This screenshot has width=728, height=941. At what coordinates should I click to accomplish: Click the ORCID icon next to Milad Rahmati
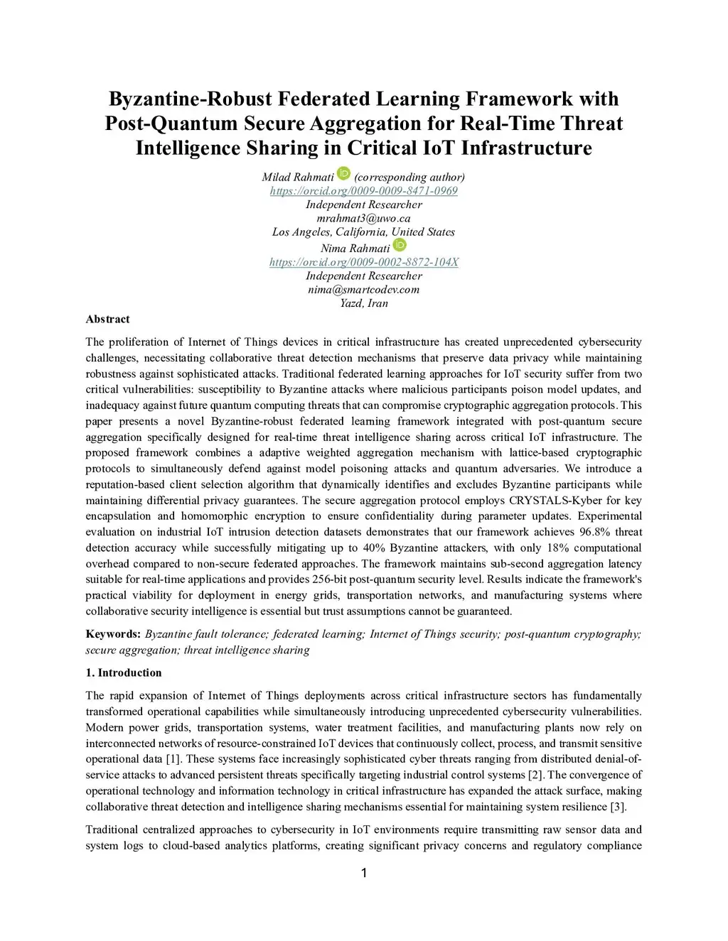(x=343, y=173)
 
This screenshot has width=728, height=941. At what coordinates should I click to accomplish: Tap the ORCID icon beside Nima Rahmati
(x=400, y=245)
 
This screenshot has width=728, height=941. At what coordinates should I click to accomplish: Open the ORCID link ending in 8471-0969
(x=363, y=191)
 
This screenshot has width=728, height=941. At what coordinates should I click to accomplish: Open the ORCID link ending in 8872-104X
(x=363, y=262)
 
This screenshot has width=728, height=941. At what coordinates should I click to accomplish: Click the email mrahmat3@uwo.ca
(x=363, y=218)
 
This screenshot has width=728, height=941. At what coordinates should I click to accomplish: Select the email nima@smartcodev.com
(x=363, y=289)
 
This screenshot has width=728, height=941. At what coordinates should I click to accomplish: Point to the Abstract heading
(x=107, y=319)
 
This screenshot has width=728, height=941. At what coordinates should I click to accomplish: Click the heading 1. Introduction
(x=124, y=673)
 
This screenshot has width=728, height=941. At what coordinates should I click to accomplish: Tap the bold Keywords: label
(x=113, y=633)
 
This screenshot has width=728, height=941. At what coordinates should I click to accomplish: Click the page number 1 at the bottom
(x=364, y=873)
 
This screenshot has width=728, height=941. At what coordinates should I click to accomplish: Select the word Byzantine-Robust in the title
(x=189, y=99)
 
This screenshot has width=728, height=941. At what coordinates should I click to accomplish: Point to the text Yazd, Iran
(x=363, y=303)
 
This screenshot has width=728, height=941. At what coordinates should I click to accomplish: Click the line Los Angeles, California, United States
(x=363, y=232)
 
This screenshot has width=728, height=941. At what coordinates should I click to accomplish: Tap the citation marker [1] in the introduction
(x=173, y=759)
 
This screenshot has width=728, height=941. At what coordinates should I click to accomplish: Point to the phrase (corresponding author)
(x=409, y=177)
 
